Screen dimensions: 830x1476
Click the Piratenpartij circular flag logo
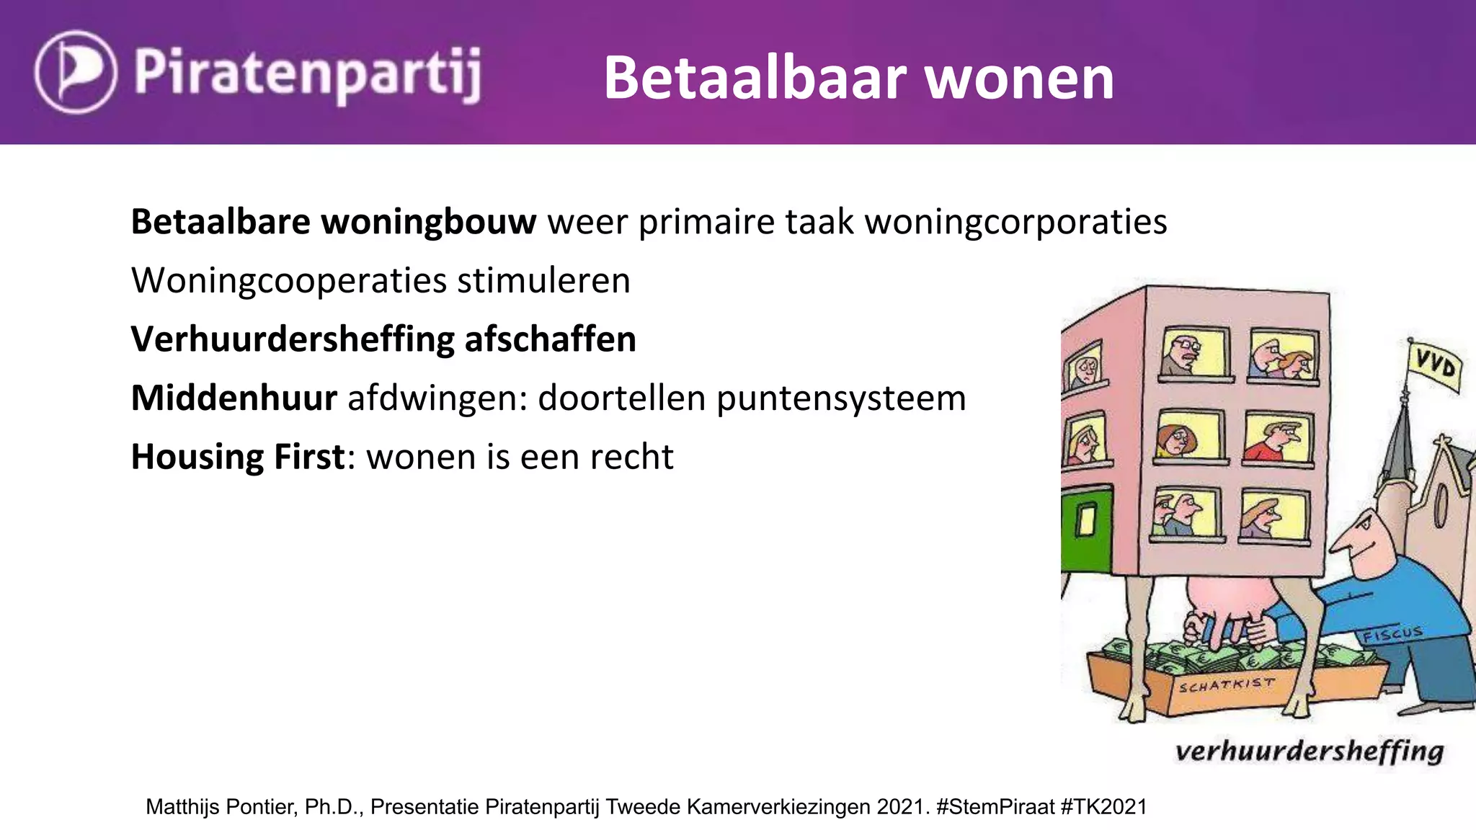[x=75, y=72]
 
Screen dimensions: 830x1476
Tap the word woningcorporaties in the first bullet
[x=1015, y=223]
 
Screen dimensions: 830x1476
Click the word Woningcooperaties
[x=288, y=281]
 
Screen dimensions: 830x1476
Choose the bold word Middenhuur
[x=234, y=398]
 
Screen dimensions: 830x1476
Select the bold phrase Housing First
[x=238, y=458]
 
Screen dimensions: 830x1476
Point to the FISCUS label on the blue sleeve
[x=1391, y=634]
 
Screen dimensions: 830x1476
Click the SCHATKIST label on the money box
[x=1226, y=684]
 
